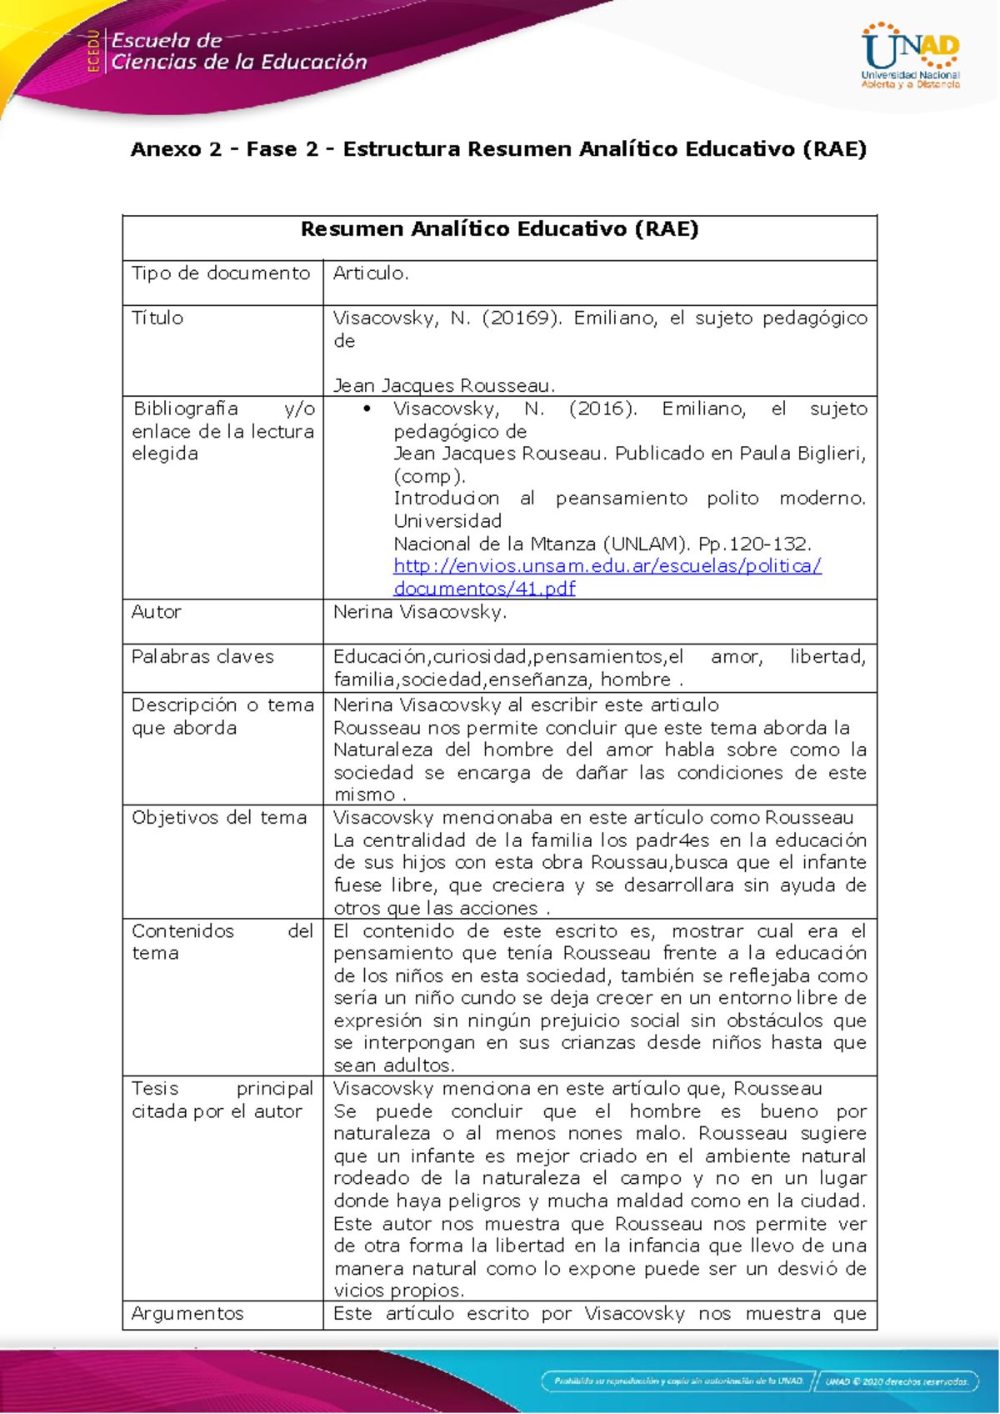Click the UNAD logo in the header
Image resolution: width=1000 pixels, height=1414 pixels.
910,55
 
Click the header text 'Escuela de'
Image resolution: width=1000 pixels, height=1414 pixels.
167,40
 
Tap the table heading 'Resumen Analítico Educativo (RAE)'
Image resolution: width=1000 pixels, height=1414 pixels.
499,229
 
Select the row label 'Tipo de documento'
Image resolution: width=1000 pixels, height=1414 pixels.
221,273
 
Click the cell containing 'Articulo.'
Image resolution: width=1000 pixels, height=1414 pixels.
371,273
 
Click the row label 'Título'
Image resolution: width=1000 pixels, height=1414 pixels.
157,318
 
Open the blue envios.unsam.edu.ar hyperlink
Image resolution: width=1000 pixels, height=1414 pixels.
607,566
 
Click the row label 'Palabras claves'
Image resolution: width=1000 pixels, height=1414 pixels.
202,657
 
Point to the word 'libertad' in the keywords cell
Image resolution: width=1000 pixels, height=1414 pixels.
827,657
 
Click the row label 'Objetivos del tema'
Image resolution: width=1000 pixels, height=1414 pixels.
219,818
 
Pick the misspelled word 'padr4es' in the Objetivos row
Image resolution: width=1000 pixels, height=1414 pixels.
672,840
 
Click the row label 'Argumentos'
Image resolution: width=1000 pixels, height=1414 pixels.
187,1314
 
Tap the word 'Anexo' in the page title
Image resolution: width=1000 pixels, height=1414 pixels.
165,149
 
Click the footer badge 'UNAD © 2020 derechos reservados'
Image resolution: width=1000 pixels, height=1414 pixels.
897,1381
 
